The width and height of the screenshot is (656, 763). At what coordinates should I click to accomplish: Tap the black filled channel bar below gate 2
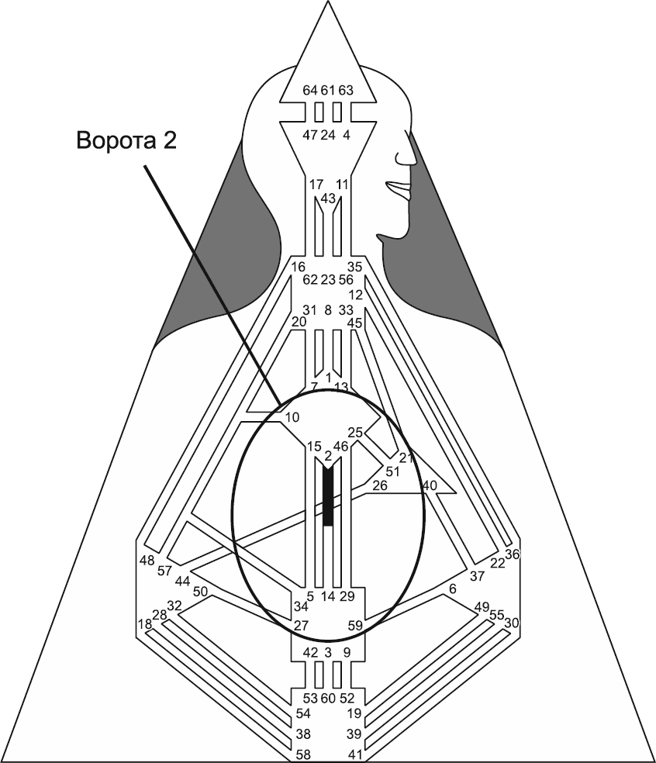point(328,496)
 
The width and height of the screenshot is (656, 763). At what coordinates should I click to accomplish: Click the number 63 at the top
point(346,90)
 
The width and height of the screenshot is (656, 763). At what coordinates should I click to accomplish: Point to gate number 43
point(328,199)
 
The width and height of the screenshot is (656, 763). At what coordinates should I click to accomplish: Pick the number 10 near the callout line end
point(292,417)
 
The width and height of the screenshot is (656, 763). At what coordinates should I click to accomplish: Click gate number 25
point(355,433)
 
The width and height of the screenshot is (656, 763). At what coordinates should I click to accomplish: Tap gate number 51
point(392,471)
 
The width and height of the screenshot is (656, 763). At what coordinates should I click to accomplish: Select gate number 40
point(430,485)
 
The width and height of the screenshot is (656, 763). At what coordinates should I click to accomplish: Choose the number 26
point(379,485)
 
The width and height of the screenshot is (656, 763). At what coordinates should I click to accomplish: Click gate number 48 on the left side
point(147,560)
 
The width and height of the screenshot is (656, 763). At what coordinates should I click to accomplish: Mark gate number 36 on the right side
point(512,554)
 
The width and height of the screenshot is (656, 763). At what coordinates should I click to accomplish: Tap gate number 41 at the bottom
point(355,754)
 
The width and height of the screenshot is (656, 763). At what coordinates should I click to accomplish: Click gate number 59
point(355,624)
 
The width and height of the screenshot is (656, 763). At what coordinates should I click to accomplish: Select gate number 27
point(302,624)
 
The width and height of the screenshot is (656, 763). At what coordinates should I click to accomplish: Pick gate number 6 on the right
point(453,589)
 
